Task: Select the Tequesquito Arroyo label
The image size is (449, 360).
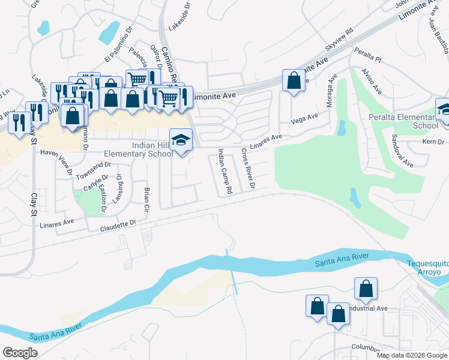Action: tap(424, 268)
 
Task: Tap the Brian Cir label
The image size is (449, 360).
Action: tap(146, 200)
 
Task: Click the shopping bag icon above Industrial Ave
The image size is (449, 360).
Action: tap(366, 289)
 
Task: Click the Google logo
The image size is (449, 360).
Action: tap(19, 353)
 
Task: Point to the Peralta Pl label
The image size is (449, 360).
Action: tap(368, 55)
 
